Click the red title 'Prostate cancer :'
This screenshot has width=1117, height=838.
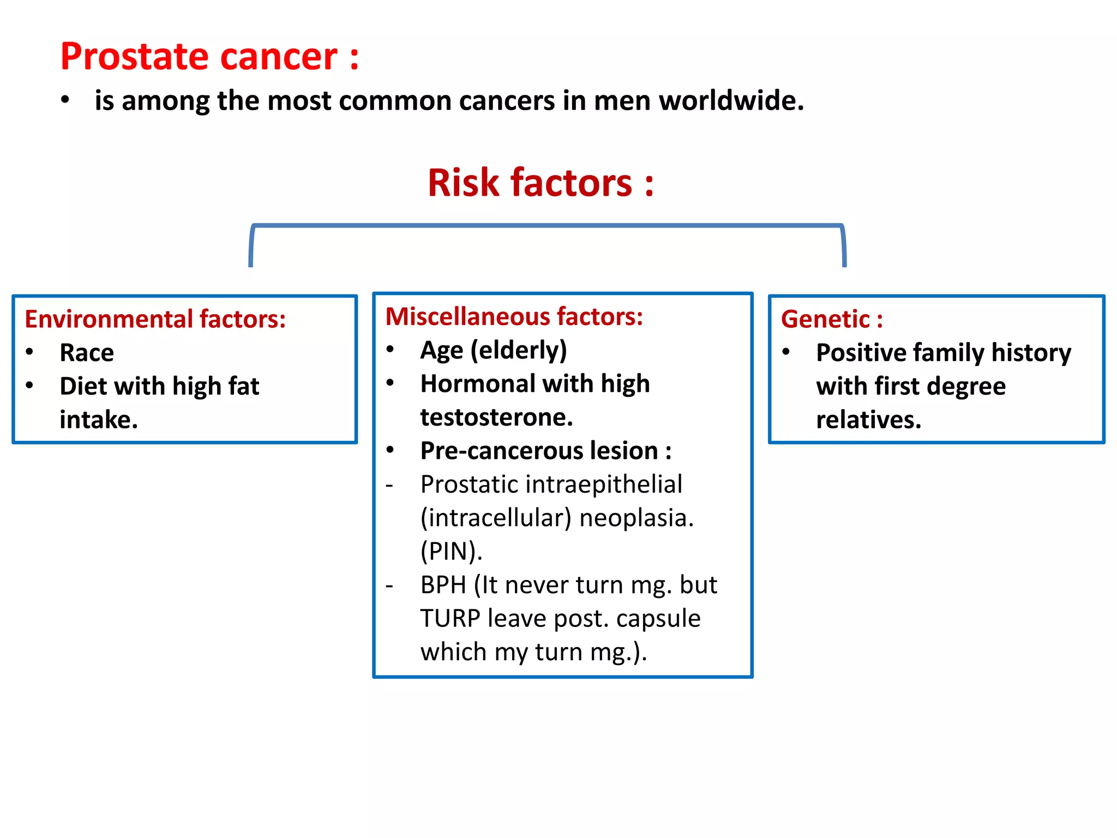click(x=209, y=56)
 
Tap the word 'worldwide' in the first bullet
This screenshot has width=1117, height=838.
click(x=731, y=101)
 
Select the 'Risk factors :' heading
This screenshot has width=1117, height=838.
click(x=541, y=183)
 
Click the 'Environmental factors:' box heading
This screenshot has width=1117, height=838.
click(x=155, y=319)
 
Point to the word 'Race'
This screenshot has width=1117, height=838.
click(x=87, y=353)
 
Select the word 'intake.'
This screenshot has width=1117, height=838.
click(x=99, y=420)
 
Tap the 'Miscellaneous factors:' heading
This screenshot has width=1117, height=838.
click(x=514, y=316)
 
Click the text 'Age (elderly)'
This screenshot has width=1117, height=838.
click(x=494, y=350)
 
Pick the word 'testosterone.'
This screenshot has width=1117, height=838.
click(x=497, y=417)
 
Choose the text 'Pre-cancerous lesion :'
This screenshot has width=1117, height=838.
click(x=546, y=451)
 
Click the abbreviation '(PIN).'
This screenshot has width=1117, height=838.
click(x=452, y=552)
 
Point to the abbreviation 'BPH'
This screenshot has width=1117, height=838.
click(x=443, y=585)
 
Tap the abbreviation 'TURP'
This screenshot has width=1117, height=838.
click(x=450, y=619)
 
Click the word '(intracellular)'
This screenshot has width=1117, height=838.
click(x=496, y=518)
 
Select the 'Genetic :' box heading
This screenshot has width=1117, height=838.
click(x=832, y=319)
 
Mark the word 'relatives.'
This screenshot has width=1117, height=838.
click(x=868, y=420)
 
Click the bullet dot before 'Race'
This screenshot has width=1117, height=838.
click(x=29, y=352)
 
